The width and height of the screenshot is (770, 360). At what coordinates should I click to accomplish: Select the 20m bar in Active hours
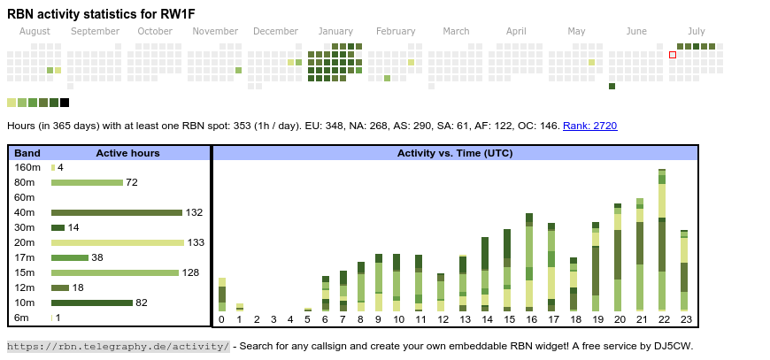click(x=118, y=242)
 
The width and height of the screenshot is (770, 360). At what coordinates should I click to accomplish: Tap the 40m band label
click(x=25, y=212)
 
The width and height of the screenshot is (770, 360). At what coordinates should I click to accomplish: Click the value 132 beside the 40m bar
click(x=195, y=212)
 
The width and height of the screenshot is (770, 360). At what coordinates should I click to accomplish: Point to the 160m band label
click(x=27, y=167)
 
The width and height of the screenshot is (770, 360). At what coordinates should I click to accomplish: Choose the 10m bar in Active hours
click(x=92, y=303)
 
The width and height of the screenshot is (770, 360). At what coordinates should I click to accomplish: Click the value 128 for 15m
click(x=190, y=272)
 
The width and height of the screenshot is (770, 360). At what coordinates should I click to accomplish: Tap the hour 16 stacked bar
click(x=529, y=262)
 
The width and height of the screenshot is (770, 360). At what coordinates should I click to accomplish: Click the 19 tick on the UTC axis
click(x=597, y=319)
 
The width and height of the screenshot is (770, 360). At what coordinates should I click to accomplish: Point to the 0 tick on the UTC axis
click(x=221, y=319)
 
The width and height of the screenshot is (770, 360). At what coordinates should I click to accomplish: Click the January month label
click(x=335, y=31)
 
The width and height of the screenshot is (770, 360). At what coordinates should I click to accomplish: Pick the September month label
click(x=95, y=31)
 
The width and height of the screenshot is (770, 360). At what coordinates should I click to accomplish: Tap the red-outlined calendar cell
click(x=673, y=55)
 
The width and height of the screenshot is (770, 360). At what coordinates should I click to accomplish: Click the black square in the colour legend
click(x=65, y=103)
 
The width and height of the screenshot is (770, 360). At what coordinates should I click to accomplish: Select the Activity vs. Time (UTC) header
click(x=455, y=153)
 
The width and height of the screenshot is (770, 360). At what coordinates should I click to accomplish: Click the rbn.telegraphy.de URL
click(x=119, y=346)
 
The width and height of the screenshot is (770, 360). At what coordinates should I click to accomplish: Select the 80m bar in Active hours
click(x=87, y=182)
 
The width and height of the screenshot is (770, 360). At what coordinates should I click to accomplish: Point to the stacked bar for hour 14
click(x=485, y=273)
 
